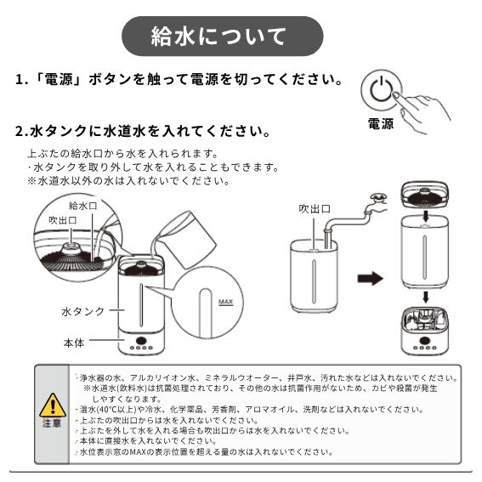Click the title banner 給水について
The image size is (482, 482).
[x=223, y=37]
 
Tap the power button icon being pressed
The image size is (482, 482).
[x=381, y=90]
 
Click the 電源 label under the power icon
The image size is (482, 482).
[x=381, y=123]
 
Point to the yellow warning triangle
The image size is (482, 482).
[x=53, y=405]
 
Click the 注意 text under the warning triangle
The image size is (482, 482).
[x=52, y=423]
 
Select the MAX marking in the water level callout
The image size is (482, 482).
[x=225, y=302]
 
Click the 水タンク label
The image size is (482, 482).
[x=83, y=311]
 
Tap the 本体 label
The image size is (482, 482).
[x=74, y=343]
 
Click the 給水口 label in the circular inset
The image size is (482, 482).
[x=82, y=206]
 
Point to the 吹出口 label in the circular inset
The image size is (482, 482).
[x=63, y=220]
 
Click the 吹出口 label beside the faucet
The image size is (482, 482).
[x=315, y=209]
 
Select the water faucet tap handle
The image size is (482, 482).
[x=377, y=196]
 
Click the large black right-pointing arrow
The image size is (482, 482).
[x=370, y=279]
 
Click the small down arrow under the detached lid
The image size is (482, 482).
[x=425, y=216]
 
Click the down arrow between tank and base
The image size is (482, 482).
[x=425, y=298]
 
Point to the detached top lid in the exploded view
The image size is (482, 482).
[x=425, y=195]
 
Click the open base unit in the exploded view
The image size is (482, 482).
[x=425, y=331]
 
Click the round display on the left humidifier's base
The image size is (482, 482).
[x=141, y=340]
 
